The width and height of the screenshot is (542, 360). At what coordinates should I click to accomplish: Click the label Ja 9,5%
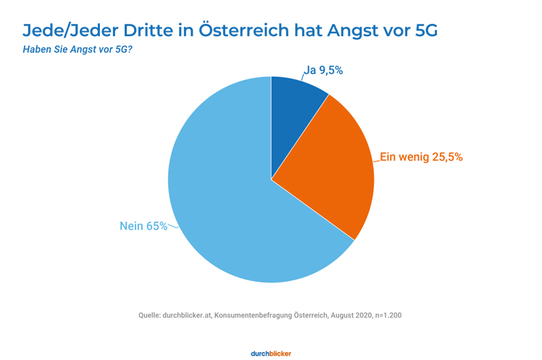pos(323,70)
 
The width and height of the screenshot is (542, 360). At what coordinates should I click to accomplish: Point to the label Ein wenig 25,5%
pos(421,156)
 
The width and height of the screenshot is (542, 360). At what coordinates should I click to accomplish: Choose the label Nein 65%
pos(143,226)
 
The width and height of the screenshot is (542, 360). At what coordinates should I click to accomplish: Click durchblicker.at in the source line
pos(187,315)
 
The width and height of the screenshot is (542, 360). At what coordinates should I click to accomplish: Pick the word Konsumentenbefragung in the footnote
pos(256,315)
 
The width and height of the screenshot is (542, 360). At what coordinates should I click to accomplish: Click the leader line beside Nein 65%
pos(173,228)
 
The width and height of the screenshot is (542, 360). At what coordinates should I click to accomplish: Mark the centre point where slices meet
pos(271,179)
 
